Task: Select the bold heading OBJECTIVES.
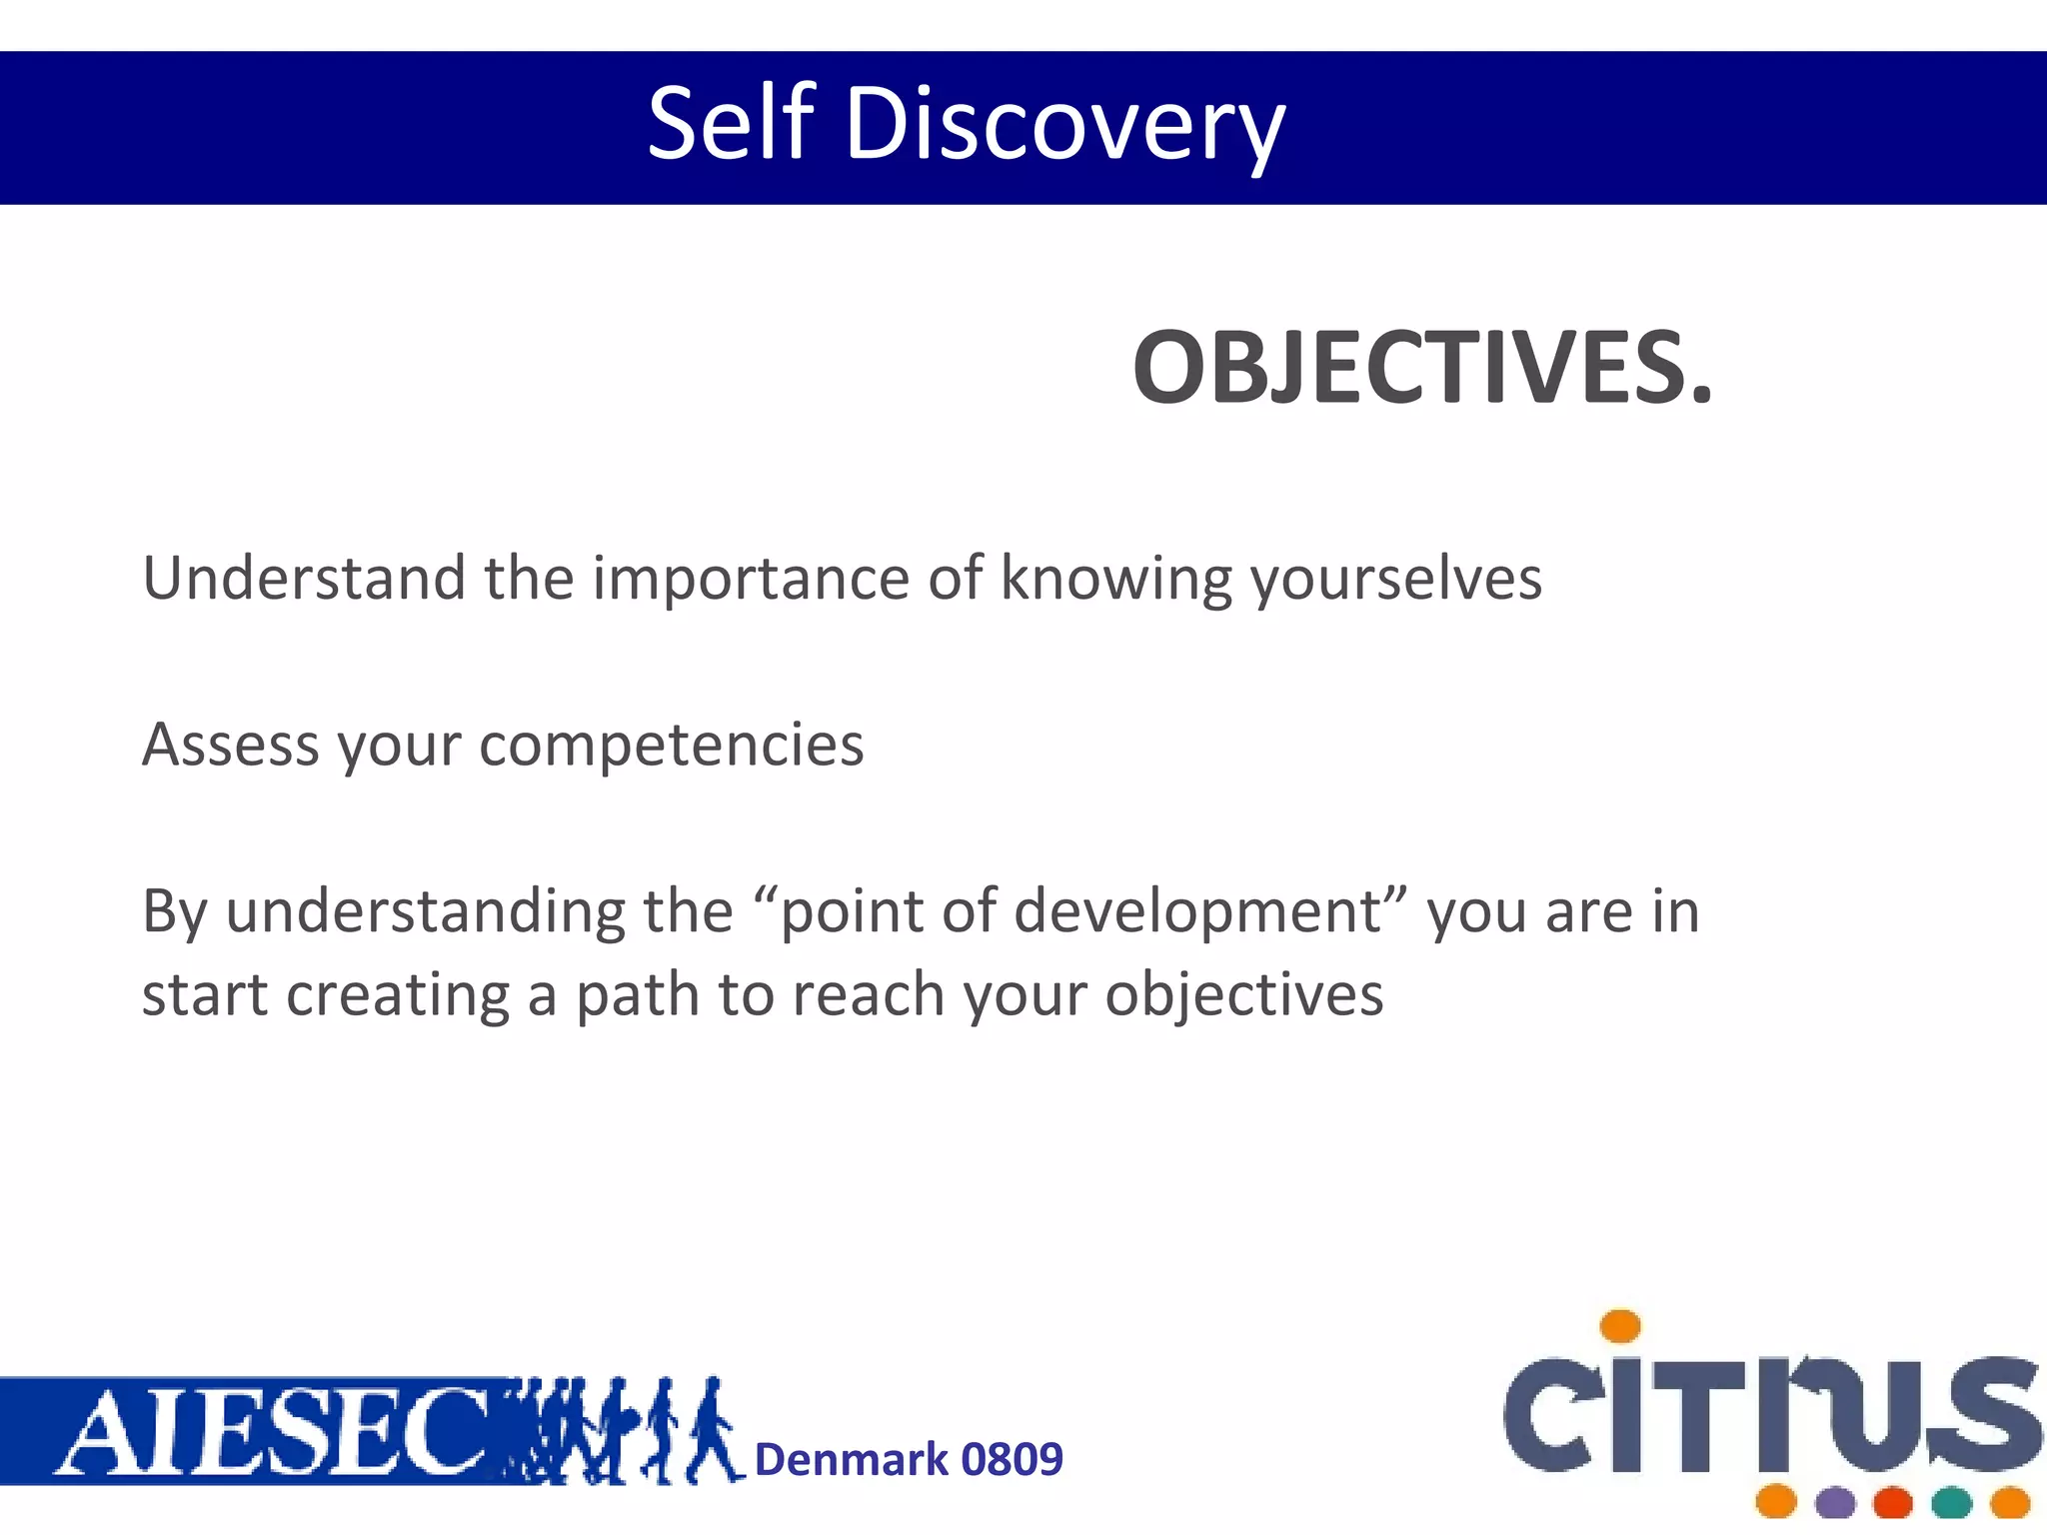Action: coord(1422,368)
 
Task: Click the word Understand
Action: coord(304,578)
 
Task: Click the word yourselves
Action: coord(1396,579)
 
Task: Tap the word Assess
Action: coord(231,745)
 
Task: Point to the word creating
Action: coord(397,995)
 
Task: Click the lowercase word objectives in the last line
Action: coord(1244,996)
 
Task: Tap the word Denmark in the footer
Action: coord(851,1460)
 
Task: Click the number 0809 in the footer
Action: coord(1012,1460)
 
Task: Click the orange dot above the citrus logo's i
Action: coord(1620,1326)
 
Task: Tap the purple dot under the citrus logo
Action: coord(1835,1502)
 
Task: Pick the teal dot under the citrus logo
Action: coord(1951,1502)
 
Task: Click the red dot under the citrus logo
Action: coord(1893,1502)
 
